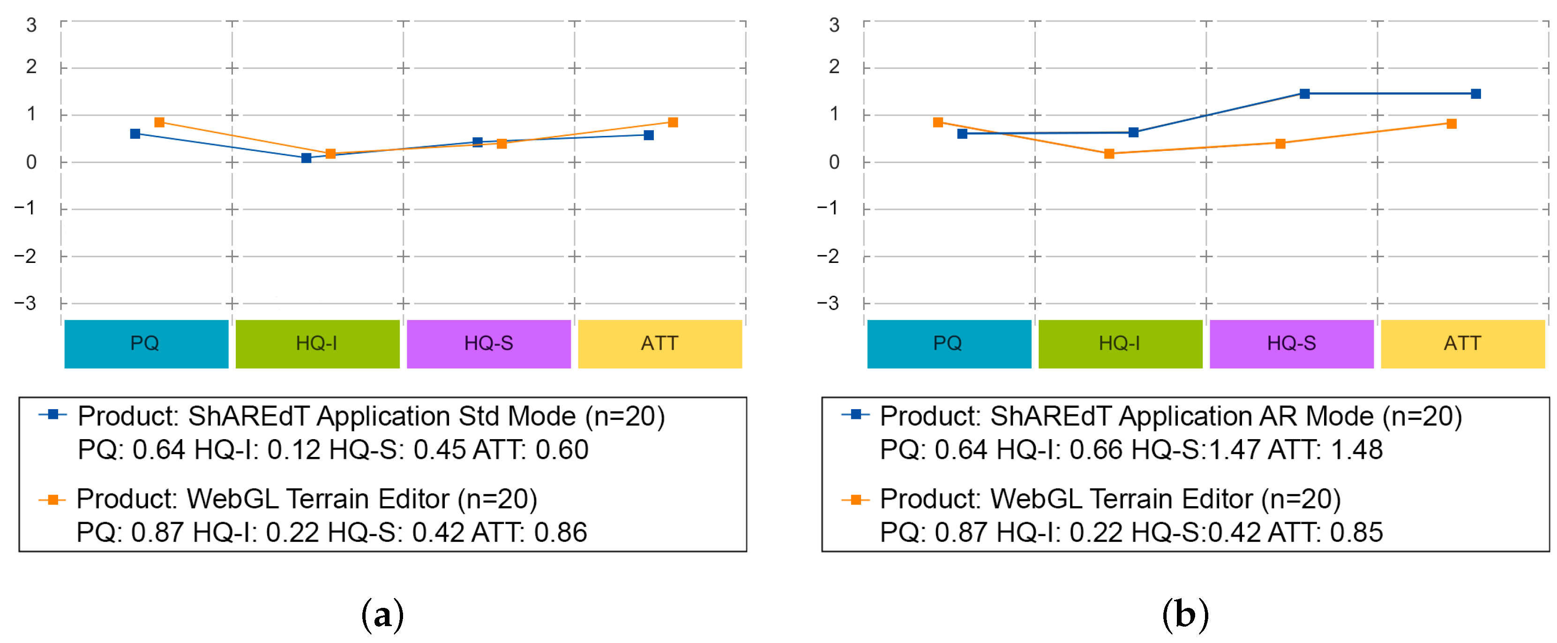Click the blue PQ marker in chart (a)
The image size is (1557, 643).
coord(135,134)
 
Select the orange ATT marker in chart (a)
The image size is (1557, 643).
coord(673,123)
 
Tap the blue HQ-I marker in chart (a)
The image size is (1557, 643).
coord(307,158)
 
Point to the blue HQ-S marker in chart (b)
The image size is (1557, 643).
coord(1304,94)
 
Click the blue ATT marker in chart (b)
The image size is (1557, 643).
coord(1475,94)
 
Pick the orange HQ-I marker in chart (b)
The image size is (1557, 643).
coord(1109,154)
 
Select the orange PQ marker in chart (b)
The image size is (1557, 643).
coord(938,123)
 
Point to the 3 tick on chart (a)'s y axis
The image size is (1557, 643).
coord(31,25)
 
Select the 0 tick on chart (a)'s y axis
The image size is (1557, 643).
coord(31,162)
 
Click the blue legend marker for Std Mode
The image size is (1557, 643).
coord(53,415)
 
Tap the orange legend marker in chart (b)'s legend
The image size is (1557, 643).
coord(856,500)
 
